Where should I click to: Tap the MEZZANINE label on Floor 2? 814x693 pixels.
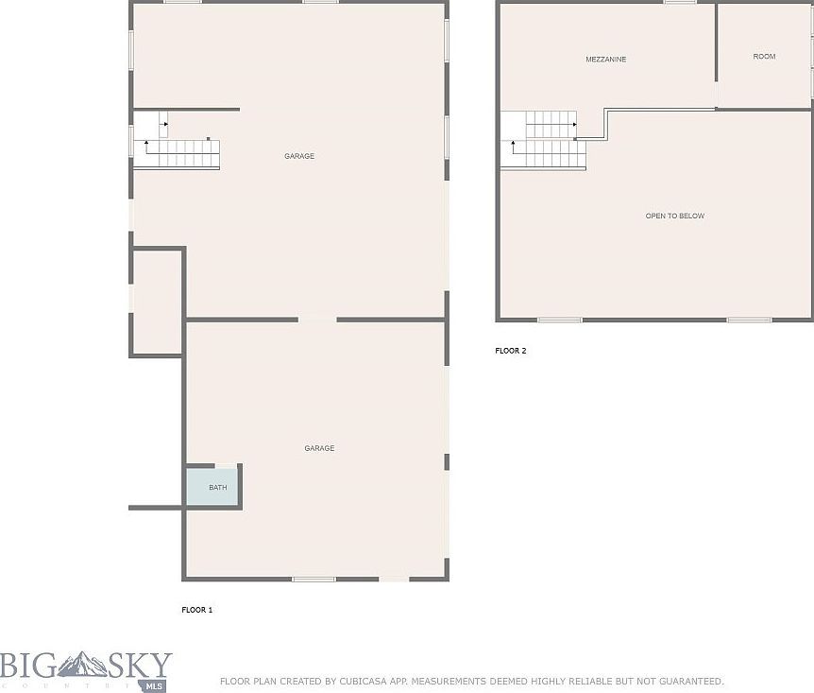pos(605,60)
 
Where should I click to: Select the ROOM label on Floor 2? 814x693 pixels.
pos(764,57)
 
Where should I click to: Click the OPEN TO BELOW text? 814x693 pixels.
pos(674,217)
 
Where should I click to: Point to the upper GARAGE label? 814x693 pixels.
pos(299,156)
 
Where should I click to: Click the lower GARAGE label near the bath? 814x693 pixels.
pos(319,448)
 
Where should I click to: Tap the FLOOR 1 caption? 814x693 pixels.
pos(196,610)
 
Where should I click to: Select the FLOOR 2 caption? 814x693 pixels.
pos(510,351)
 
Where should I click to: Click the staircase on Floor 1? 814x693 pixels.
pos(179,153)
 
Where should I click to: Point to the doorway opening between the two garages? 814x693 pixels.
pos(317,320)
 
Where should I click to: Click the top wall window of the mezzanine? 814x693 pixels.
pos(679,3)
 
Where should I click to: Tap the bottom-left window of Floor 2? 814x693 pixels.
pos(559,320)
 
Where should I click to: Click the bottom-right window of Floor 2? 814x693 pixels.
pos(749,320)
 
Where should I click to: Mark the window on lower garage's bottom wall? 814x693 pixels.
pos(314,579)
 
